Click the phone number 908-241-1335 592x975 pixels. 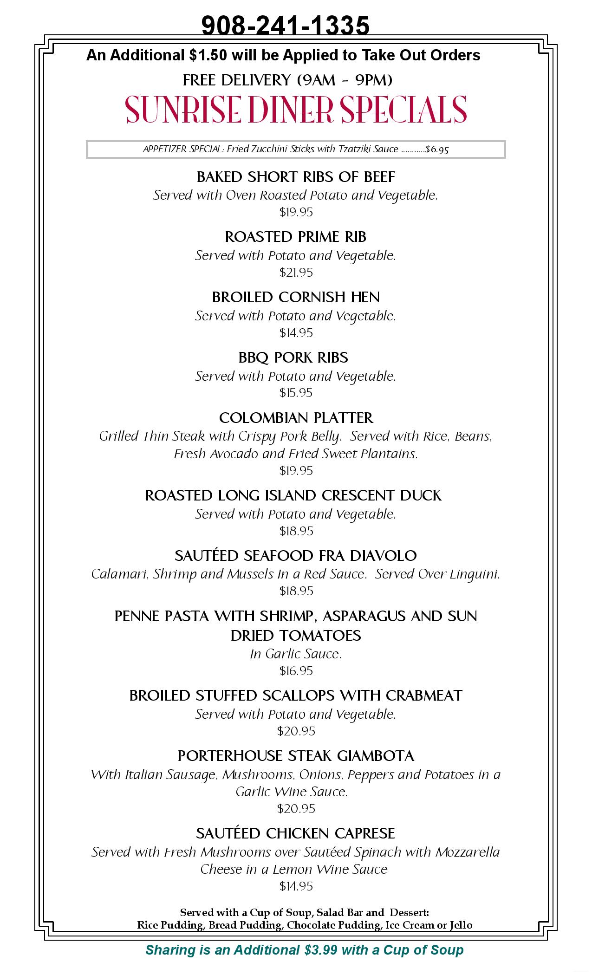coord(286,25)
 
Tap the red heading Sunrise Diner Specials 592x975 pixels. coord(296,110)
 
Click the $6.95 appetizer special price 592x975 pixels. coord(437,149)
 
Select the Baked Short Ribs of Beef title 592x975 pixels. coord(296,177)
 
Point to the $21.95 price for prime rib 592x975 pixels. coord(296,273)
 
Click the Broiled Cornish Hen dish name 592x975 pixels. coord(296,297)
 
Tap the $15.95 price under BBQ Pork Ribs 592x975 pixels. coord(296,393)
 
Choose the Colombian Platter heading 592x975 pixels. coord(296,418)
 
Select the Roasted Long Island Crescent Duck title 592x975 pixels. coord(293,495)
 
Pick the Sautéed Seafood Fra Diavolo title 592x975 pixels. coord(296,555)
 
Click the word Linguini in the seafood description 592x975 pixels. coord(476,574)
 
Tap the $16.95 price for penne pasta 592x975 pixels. coord(296,671)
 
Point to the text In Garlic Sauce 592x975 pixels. coord(296,654)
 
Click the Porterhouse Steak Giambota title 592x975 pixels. coord(296,756)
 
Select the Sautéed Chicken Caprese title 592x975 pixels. coord(296,833)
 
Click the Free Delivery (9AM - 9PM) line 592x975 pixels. coord(287,80)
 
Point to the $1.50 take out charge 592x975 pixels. coord(208,55)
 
